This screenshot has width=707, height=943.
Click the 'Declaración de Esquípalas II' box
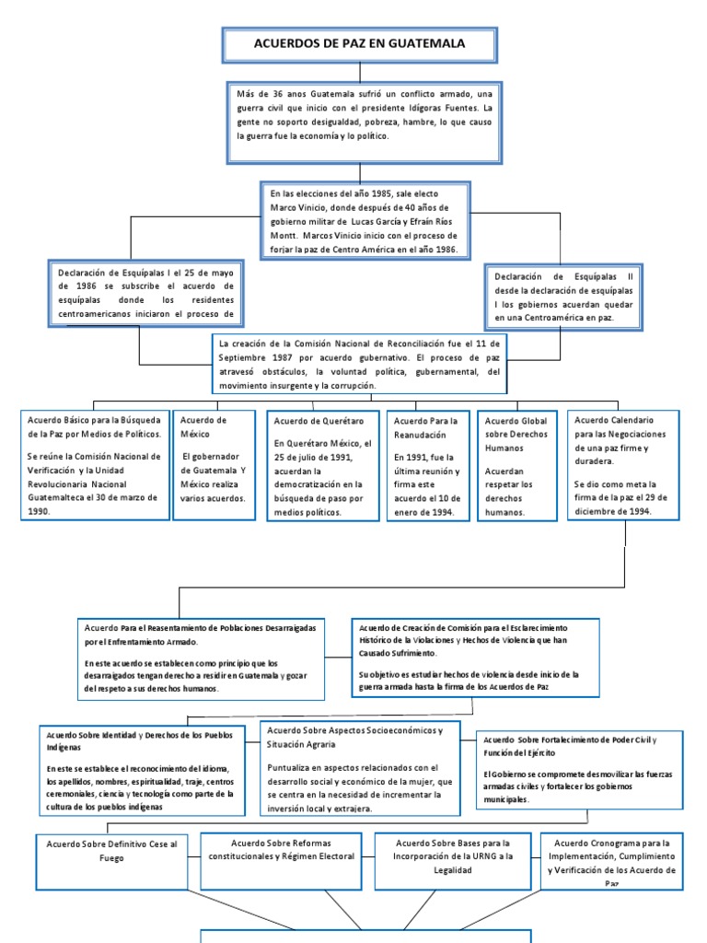(563, 297)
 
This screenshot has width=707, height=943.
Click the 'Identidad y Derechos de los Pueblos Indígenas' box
(142, 770)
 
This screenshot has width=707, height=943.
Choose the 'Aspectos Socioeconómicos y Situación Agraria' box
(359, 767)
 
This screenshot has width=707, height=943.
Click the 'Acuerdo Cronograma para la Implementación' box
(612, 861)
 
